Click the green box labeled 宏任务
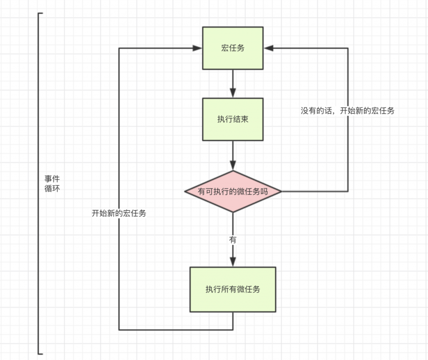coord(233,48)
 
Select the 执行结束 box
coord(233,119)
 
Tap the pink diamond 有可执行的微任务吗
coord(233,191)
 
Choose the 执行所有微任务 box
coord(233,289)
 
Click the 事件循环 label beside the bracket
coord(52,184)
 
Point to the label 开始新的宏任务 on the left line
coord(119,213)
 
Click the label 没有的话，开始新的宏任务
coord(347,111)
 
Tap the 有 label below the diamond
coord(232,240)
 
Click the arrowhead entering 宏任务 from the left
coord(197,48)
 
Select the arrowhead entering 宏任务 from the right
coord(269,48)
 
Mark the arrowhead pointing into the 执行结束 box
coord(233,93)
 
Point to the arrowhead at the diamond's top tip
coord(233,165)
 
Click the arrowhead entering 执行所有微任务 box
coord(233,262)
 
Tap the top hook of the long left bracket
coord(41,13)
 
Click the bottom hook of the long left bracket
coord(41,354)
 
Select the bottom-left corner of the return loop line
coord(119,329)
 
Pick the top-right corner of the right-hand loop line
coord(348,48)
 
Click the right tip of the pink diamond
coord(282,191)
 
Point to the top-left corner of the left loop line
coord(119,48)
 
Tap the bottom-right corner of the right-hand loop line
coord(348,191)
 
